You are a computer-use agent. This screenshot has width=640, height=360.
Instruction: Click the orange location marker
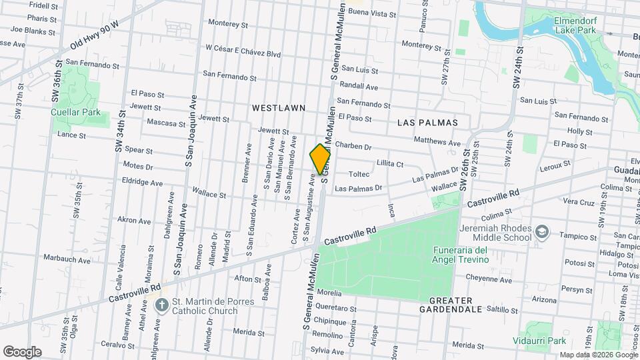pyautogui.click(x=320, y=159)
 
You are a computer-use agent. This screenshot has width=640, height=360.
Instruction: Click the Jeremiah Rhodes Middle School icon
pyautogui.click(x=542, y=231)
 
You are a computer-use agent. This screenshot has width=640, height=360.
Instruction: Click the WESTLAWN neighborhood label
pyautogui.click(x=279, y=107)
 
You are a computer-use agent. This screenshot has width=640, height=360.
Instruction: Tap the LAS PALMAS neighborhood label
pyautogui.click(x=427, y=123)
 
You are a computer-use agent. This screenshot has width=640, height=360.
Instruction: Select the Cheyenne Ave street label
pyautogui.click(x=489, y=280)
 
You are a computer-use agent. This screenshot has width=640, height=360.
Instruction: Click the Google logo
pyautogui.click(x=22, y=351)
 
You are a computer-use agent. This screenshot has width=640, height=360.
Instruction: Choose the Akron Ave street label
pyautogui.click(x=134, y=220)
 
